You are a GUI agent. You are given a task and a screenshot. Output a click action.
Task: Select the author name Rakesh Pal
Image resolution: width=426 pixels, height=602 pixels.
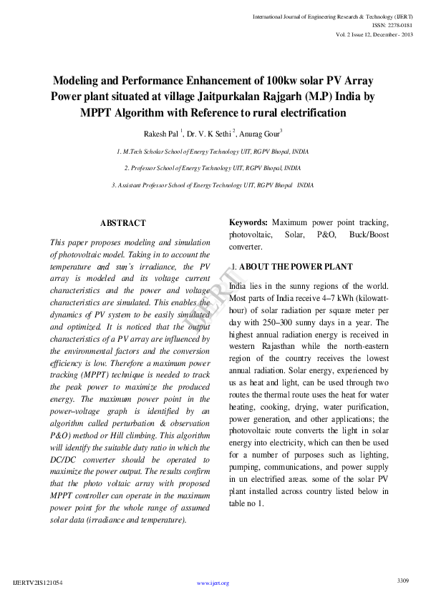click(x=161, y=133)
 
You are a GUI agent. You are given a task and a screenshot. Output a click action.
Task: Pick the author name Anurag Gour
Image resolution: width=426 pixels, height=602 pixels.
click(x=260, y=133)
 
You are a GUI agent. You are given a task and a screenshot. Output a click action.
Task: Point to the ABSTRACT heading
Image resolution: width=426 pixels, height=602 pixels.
click(x=123, y=224)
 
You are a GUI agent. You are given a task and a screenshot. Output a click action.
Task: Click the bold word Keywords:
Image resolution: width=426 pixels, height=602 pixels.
click(x=248, y=222)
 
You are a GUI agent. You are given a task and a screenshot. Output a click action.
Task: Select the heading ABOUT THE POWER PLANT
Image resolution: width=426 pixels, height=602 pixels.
click(x=296, y=267)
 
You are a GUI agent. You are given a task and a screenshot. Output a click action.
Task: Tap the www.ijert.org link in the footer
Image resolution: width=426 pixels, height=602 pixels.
click(x=213, y=583)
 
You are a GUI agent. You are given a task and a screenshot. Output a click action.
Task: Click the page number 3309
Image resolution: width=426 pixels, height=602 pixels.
click(x=402, y=580)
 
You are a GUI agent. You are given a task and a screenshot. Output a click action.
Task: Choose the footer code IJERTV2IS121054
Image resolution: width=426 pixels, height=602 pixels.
click(x=38, y=583)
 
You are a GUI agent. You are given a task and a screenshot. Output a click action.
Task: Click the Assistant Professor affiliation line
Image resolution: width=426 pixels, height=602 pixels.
click(x=213, y=184)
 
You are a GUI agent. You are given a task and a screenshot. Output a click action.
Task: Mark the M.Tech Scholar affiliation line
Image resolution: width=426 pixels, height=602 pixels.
click(x=213, y=152)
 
